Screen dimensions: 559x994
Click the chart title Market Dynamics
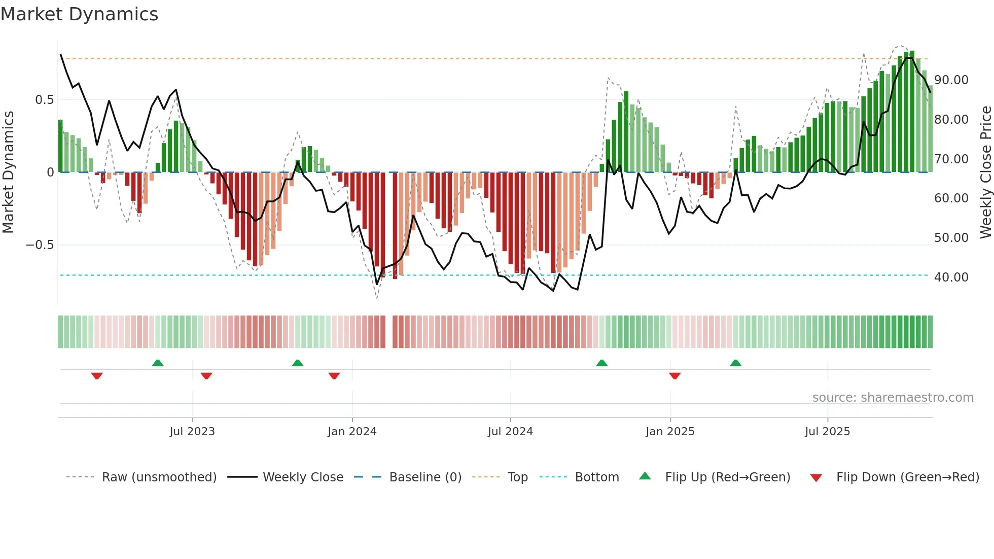pyautogui.click(x=79, y=14)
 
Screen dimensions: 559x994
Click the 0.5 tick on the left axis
pyautogui.click(x=44, y=100)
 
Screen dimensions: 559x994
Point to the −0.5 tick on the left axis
pyautogui.click(x=40, y=245)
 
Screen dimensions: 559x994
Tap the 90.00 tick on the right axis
pyautogui.click(x=951, y=80)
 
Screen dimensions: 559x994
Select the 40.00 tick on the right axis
pyautogui.click(x=951, y=277)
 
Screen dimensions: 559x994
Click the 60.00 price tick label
pyautogui.click(x=951, y=198)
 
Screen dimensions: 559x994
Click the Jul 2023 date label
pyautogui.click(x=192, y=432)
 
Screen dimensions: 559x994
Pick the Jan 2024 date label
pyautogui.click(x=352, y=432)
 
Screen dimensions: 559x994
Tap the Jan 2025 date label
pyautogui.click(x=670, y=432)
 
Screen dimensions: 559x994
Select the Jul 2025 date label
pyautogui.click(x=827, y=432)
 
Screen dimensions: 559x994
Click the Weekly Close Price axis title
pyautogui.click(x=985, y=172)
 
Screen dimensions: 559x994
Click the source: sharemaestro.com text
pyautogui.click(x=893, y=398)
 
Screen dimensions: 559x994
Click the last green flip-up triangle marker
pyautogui.click(x=735, y=363)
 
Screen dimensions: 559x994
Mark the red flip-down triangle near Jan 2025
pyautogui.click(x=674, y=376)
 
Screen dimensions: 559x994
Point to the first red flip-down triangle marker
pyautogui.click(x=97, y=376)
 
